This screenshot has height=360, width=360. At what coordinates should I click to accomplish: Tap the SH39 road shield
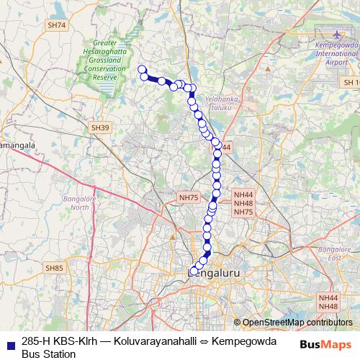pyautogui.click(x=101, y=127)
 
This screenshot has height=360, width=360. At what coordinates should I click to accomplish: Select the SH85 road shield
pyautogui.click(x=54, y=269)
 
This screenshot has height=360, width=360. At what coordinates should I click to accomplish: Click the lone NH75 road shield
pyautogui.click(x=188, y=197)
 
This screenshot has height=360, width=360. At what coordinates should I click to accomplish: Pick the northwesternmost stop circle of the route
pyautogui.click(x=143, y=69)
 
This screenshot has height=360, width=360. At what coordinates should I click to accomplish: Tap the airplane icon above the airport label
pyautogui.click(x=336, y=33)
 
